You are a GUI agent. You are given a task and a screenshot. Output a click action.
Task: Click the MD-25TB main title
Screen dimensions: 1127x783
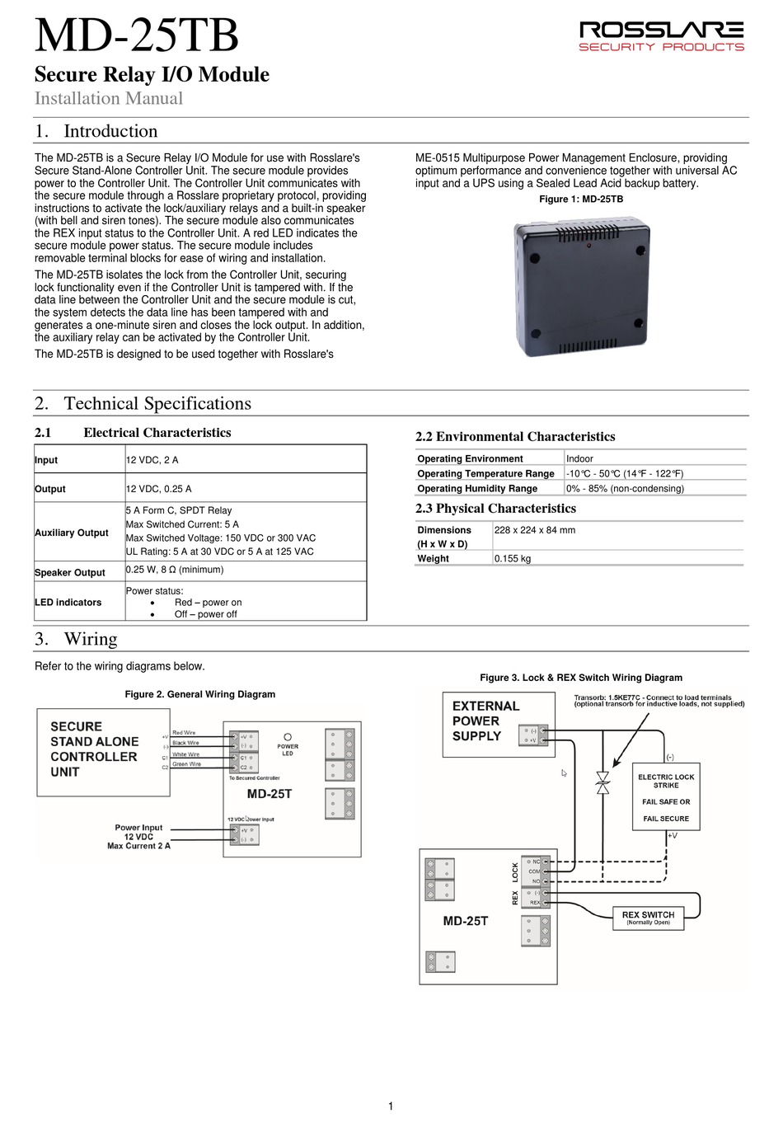(136, 36)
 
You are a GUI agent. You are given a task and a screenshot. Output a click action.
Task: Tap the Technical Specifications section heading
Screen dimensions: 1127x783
(157, 403)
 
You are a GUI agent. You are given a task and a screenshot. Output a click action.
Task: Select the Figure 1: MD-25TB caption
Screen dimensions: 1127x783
(580, 200)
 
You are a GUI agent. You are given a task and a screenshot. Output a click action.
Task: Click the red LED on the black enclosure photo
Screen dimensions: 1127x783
(588, 246)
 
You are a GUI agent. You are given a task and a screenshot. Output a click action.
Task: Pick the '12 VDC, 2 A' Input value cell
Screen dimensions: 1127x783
(152, 460)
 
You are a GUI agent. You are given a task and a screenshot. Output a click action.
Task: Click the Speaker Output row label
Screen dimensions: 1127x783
(70, 572)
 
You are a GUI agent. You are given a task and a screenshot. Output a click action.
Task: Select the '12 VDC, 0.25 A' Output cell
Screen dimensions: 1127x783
(158, 489)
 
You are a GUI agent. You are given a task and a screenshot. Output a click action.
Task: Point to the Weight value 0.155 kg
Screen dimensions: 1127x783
(513, 558)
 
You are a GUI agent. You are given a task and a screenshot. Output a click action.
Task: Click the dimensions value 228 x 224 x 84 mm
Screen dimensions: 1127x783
(534, 530)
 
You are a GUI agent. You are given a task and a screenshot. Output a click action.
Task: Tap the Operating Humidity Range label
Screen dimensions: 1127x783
(477, 488)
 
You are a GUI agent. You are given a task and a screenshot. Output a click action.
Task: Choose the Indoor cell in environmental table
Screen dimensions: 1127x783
(579, 458)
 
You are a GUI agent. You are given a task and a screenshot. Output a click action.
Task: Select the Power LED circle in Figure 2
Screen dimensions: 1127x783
(288, 737)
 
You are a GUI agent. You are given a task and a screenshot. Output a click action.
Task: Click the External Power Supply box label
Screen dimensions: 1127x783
(485, 721)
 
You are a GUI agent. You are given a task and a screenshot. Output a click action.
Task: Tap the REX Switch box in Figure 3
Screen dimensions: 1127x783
(648, 918)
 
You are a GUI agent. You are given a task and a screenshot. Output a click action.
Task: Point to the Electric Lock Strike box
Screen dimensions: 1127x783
(666, 796)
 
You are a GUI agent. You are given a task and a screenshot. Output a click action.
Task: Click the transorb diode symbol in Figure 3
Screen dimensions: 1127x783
(602, 782)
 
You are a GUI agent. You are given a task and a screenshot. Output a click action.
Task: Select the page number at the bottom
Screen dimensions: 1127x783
(391, 1106)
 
